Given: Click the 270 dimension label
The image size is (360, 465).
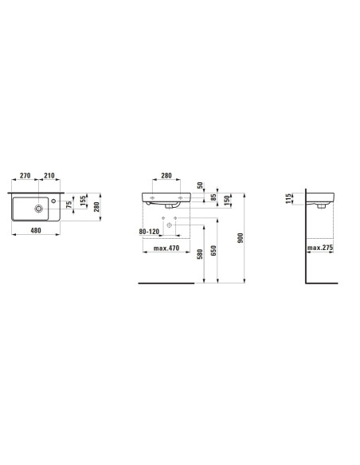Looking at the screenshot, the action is tap(25, 175).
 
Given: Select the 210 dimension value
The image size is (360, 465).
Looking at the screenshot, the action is tap(49, 175).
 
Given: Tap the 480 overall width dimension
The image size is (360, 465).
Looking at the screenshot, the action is tap(36, 230).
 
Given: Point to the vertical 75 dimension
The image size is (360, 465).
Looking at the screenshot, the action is tap(69, 205).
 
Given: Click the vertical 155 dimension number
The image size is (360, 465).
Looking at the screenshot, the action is tap(83, 201).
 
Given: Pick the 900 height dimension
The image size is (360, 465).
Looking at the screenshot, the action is tap(241, 238).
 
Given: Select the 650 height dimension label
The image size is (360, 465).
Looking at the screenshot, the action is tap(213, 250).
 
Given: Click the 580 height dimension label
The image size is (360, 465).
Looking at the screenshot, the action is tap(200, 255).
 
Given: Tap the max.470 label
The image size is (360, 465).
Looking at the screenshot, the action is tap(166, 248).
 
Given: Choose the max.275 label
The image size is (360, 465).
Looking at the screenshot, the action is tap(320, 248).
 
